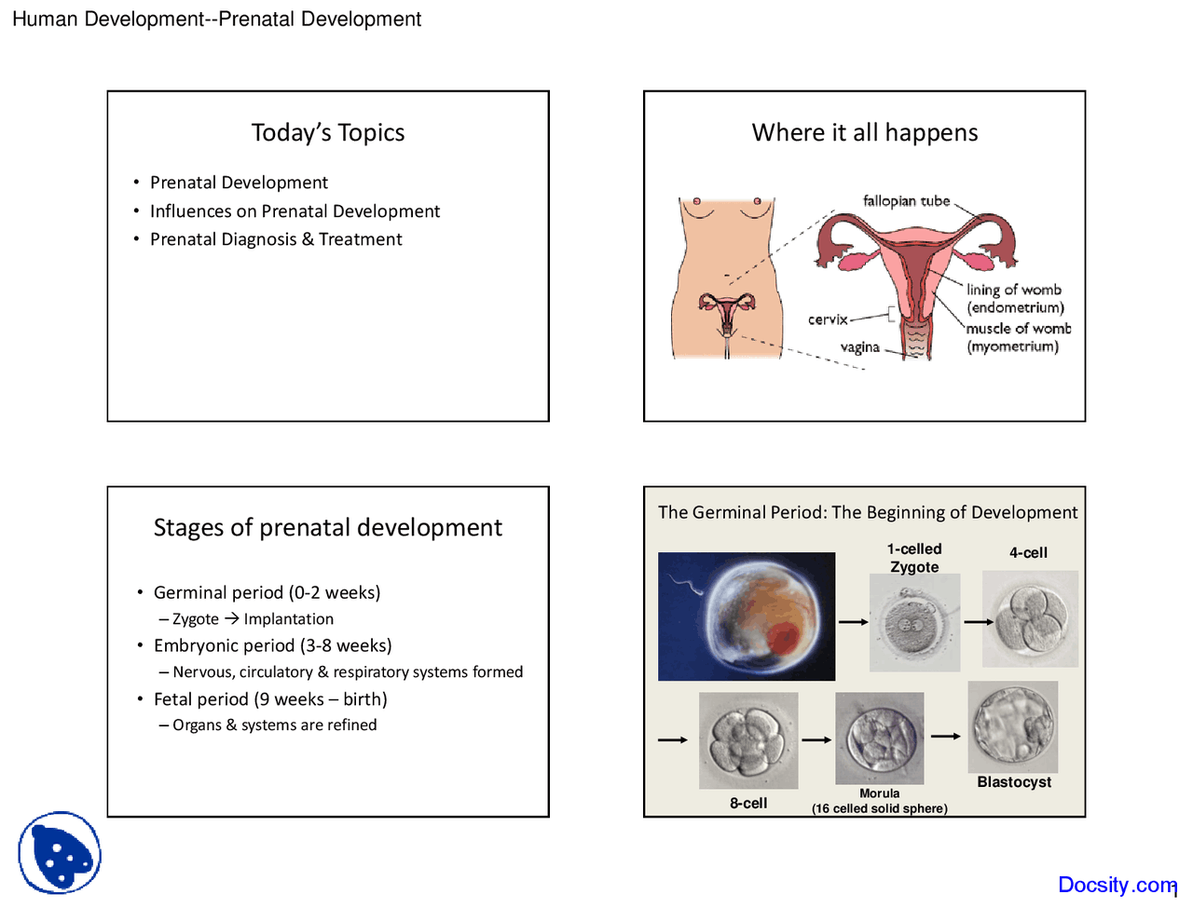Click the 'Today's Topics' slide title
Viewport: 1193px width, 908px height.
pyautogui.click(x=328, y=133)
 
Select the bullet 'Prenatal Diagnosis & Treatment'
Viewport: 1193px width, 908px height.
pyautogui.click(x=276, y=239)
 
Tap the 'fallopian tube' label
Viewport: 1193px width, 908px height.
pyautogui.click(x=906, y=201)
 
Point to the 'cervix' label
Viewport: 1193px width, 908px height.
pyautogui.click(x=828, y=319)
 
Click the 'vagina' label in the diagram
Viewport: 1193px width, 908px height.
pyautogui.click(x=859, y=347)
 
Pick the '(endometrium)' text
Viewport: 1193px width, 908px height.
pyautogui.click(x=1015, y=308)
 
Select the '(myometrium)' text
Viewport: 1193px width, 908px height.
pyautogui.click(x=1012, y=346)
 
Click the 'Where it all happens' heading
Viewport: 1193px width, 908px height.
pyautogui.click(x=865, y=133)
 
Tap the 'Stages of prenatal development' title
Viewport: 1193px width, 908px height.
pyautogui.click(x=328, y=528)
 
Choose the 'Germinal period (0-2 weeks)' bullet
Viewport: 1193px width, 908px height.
pyautogui.click(x=267, y=592)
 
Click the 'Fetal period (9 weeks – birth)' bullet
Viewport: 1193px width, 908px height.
pyautogui.click(x=270, y=699)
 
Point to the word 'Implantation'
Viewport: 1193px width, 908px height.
pyautogui.click(x=288, y=619)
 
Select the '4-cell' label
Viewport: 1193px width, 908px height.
pyautogui.click(x=1028, y=553)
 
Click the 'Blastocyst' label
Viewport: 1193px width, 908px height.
pyautogui.click(x=1014, y=782)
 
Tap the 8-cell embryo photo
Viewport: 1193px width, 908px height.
pyautogui.click(x=748, y=739)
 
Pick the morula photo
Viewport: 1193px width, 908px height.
pyautogui.click(x=879, y=738)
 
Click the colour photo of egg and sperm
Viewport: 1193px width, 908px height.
pyautogui.click(x=747, y=617)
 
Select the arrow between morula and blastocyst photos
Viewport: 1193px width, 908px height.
pyautogui.click(x=945, y=737)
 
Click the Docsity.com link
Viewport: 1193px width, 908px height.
pyautogui.click(x=1117, y=885)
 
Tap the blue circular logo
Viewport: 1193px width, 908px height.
pyautogui.click(x=60, y=853)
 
